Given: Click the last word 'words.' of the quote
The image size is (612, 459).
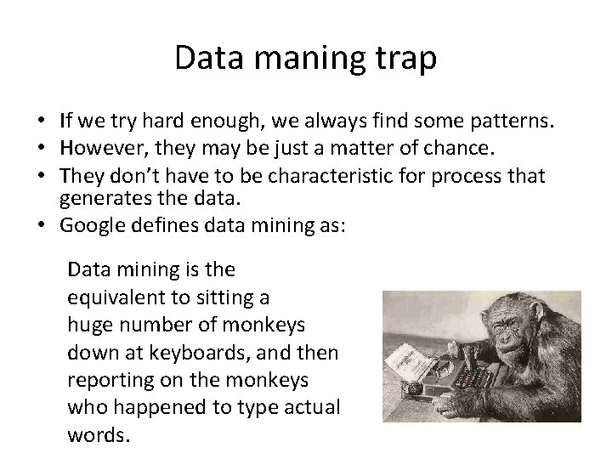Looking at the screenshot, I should pyautogui.click(x=98, y=436).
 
